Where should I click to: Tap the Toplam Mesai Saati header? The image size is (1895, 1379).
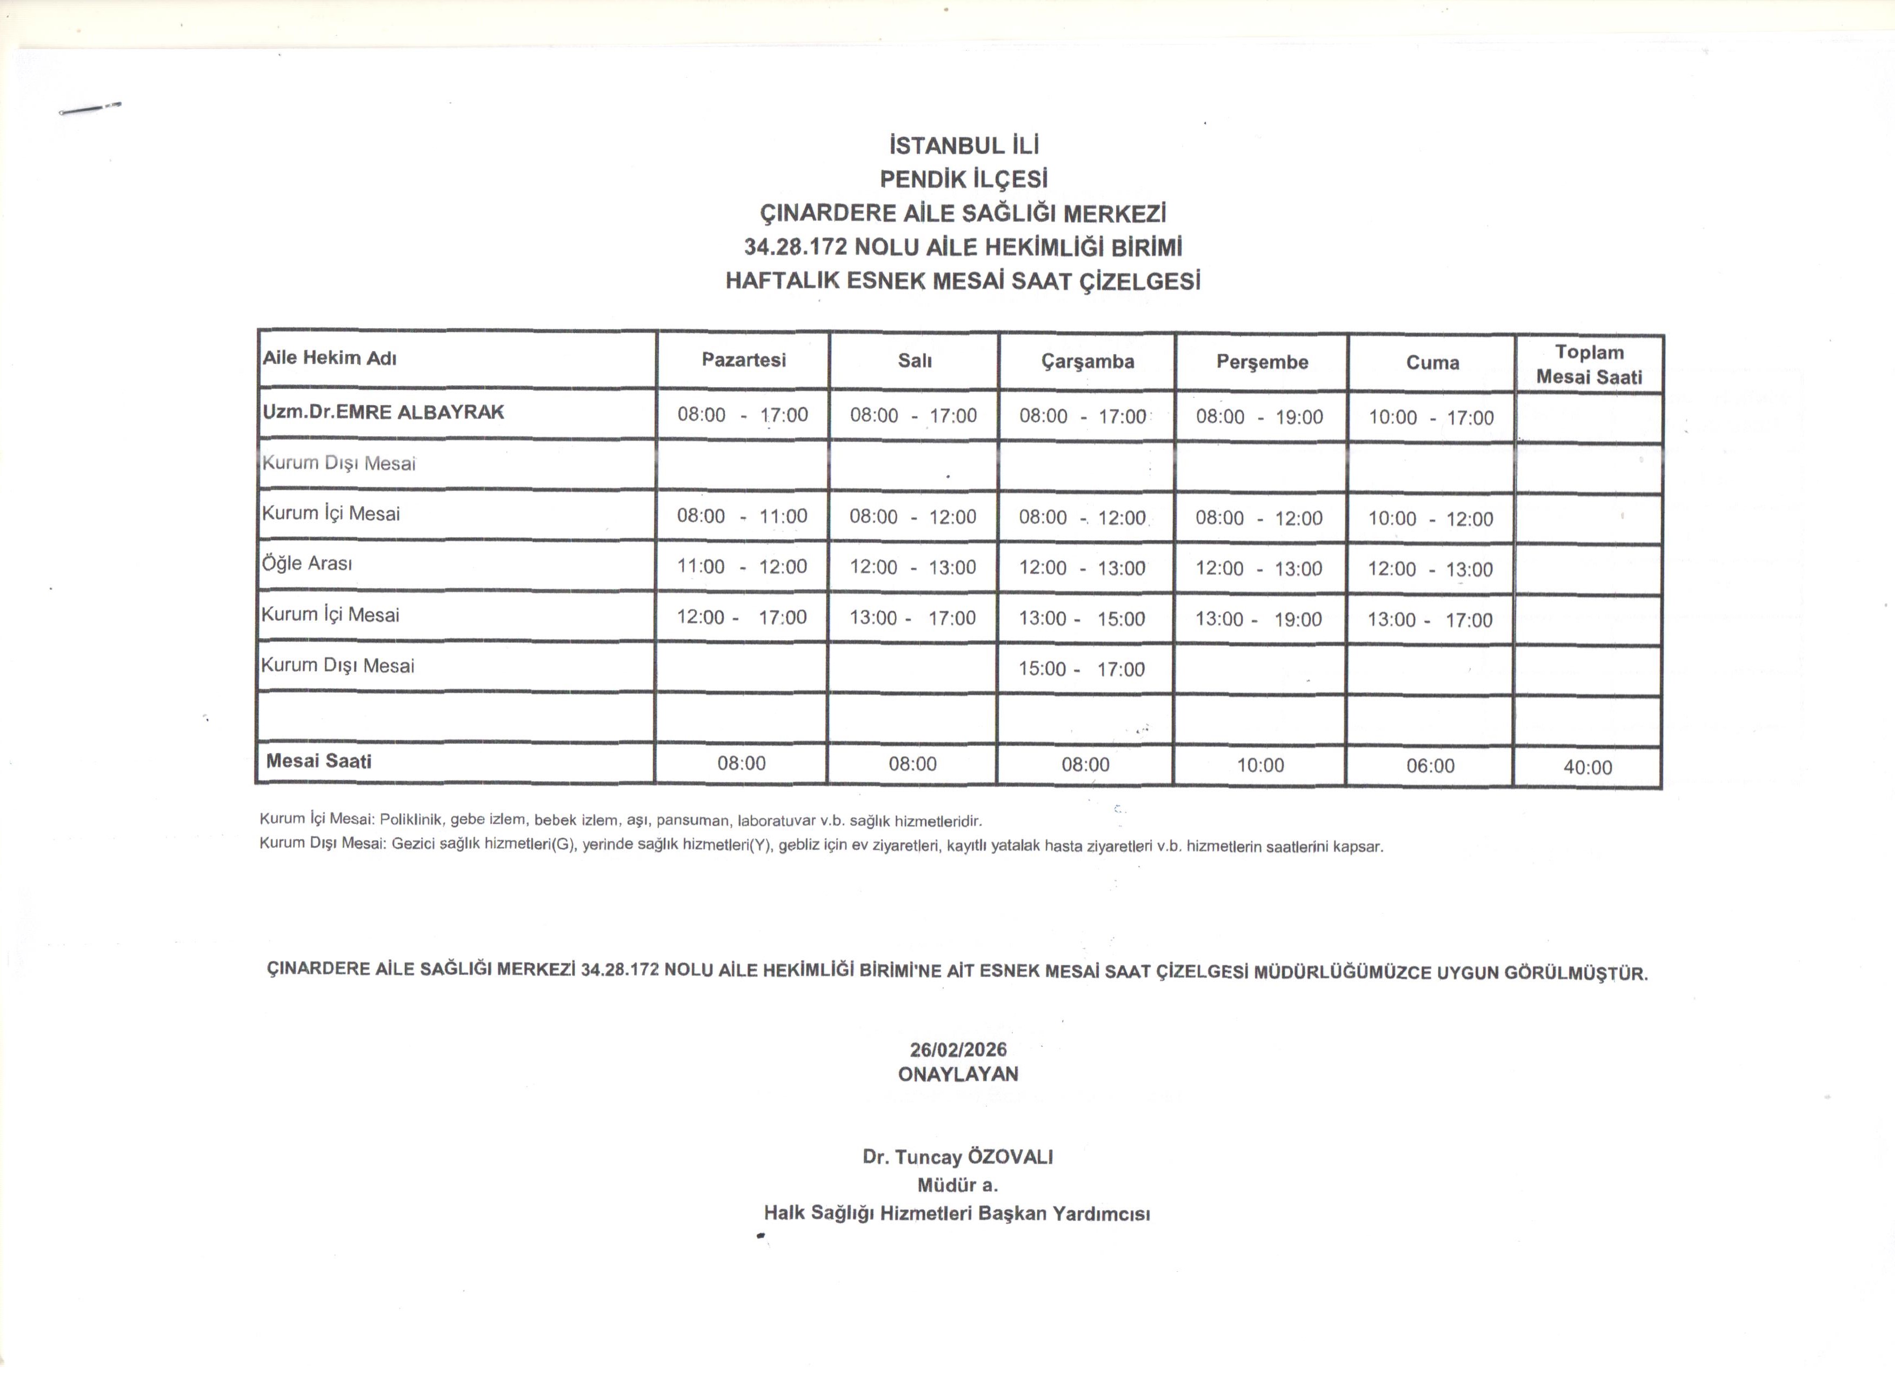tap(1589, 364)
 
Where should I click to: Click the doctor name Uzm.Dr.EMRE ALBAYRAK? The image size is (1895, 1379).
tap(384, 412)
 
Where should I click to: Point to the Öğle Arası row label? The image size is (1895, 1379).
tap(308, 563)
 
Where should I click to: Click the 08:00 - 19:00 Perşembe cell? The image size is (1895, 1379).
tap(1259, 417)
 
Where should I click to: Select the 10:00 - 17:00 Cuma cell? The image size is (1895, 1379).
tap(1431, 418)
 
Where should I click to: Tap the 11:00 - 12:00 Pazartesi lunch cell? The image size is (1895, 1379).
tap(742, 567)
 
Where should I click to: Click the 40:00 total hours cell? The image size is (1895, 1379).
tap(1587, 767)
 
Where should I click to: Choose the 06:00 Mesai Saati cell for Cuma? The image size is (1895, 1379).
tap(1431, 766)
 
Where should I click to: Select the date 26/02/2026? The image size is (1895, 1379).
tap(958, 1050)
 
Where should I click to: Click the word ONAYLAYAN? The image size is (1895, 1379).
tap(958, 1074)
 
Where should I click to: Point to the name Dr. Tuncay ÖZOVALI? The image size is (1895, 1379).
tap(958, 1157)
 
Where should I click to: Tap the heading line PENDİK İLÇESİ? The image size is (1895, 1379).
tap(963, 180)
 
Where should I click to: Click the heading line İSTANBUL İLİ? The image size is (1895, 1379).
tap(963, 146)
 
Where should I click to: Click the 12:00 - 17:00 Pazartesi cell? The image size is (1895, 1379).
tap(742, 618)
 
